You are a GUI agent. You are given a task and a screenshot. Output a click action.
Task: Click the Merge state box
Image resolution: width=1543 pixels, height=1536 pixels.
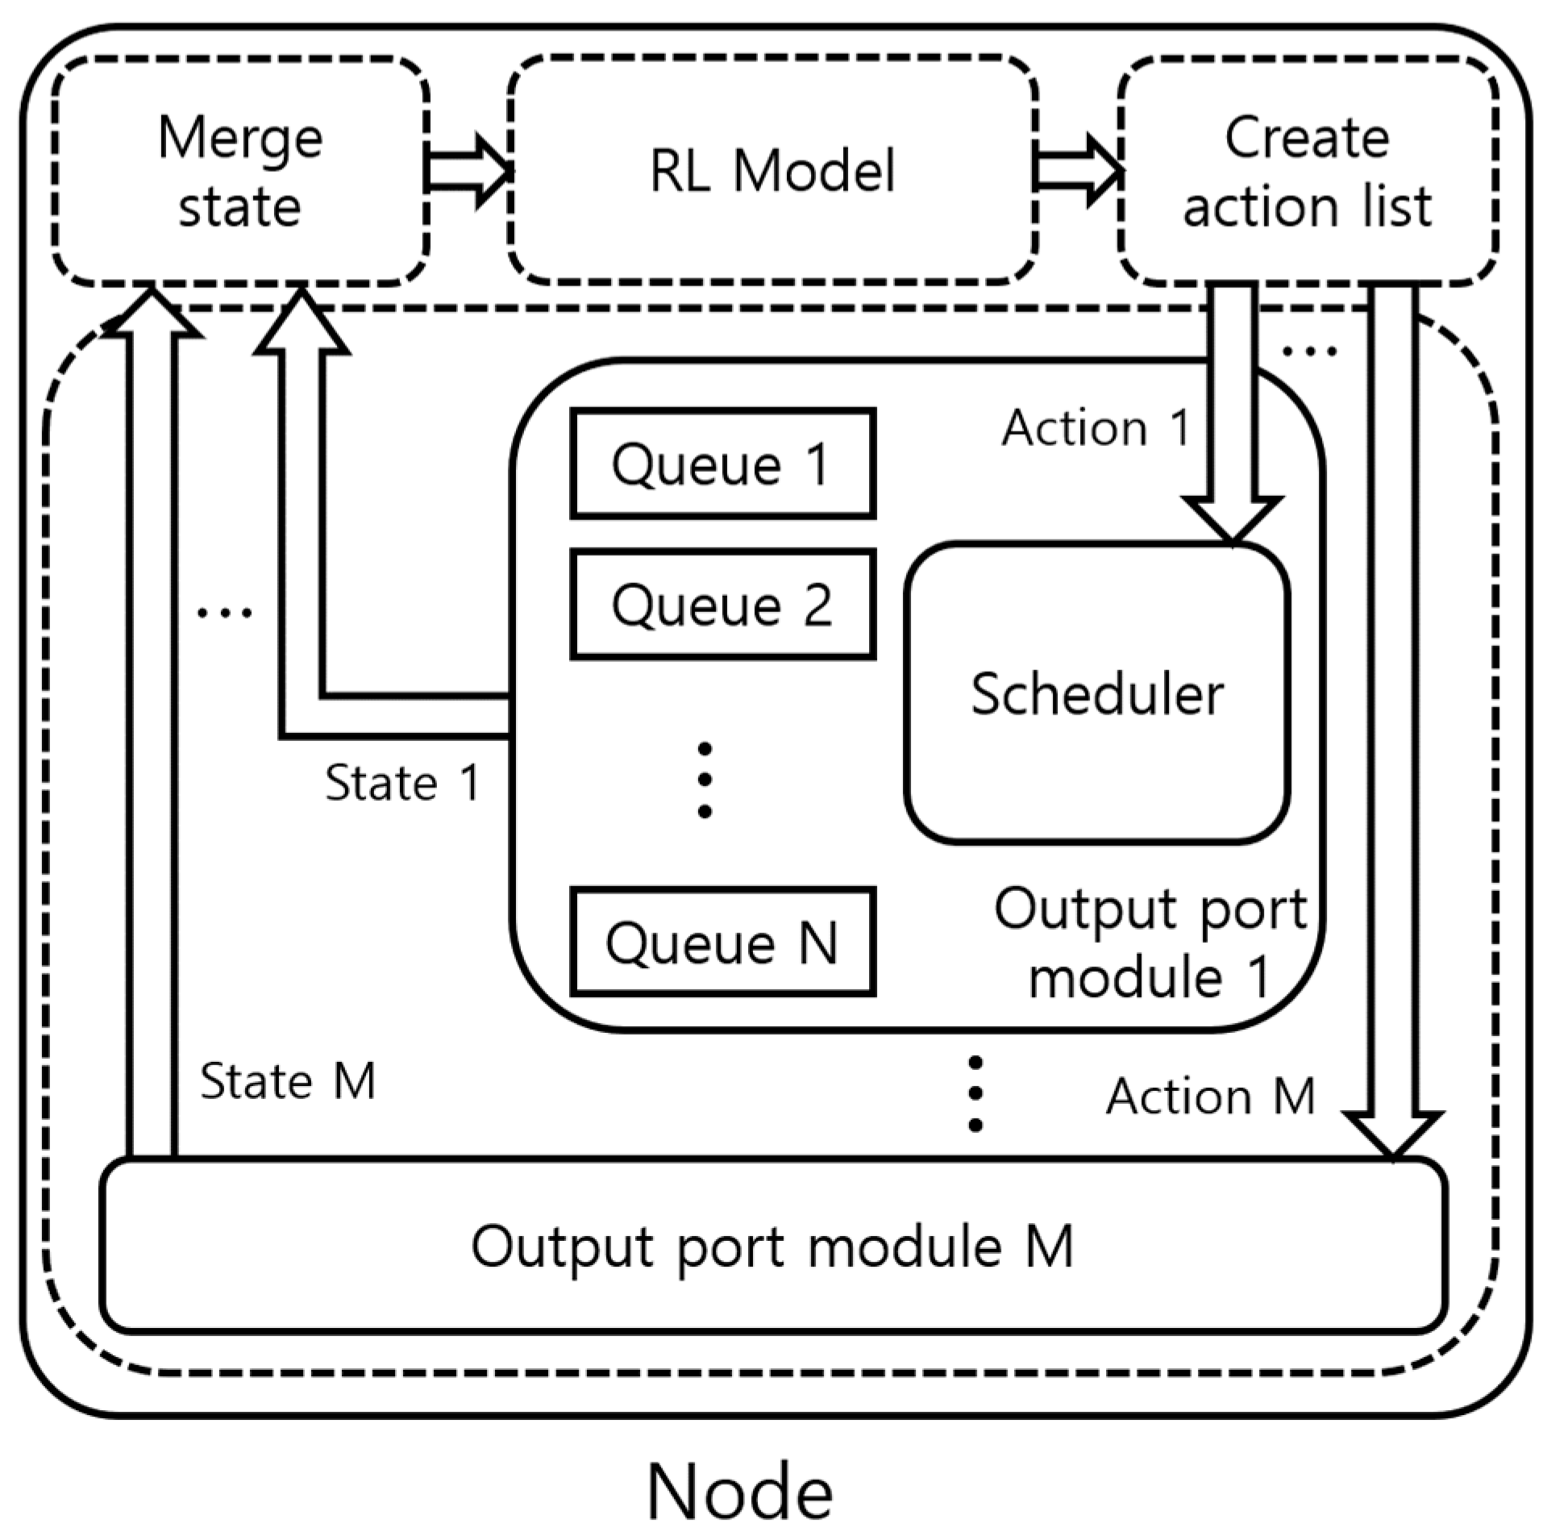(239, 171)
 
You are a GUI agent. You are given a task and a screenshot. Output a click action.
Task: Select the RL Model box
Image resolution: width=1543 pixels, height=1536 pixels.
(771, 171)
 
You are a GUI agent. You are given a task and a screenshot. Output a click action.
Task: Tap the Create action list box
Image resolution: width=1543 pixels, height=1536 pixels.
(1307, 171)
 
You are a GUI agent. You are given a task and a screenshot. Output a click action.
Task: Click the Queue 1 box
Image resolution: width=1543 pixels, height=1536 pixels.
(722, 464)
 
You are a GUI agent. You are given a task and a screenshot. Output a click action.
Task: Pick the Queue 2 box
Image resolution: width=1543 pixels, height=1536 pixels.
(722, 605)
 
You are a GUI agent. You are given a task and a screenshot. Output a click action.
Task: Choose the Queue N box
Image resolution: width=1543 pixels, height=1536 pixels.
(722, 942)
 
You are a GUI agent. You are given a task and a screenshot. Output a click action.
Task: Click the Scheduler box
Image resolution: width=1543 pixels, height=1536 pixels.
(1096, 693)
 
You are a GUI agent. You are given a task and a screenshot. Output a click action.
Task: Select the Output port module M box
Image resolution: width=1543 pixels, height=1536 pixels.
(771, 1246)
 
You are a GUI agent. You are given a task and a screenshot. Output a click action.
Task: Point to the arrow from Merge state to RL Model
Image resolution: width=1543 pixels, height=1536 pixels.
(468, 171)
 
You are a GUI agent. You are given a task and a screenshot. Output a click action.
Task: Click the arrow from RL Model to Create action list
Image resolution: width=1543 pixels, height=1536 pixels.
(1078, 171)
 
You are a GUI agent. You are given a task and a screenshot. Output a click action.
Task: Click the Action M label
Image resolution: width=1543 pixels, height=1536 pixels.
(1209, 1097)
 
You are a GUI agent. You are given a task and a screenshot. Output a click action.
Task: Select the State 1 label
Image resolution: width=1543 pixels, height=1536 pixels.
(402, 782)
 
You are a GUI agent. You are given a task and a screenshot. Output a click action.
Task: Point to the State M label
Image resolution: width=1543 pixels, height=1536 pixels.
(288, 1080)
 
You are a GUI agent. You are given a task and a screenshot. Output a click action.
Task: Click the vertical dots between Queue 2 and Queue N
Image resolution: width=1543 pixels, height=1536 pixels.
(704, 780)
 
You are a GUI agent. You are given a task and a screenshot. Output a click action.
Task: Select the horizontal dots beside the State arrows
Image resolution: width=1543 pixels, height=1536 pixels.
(225, 613)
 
